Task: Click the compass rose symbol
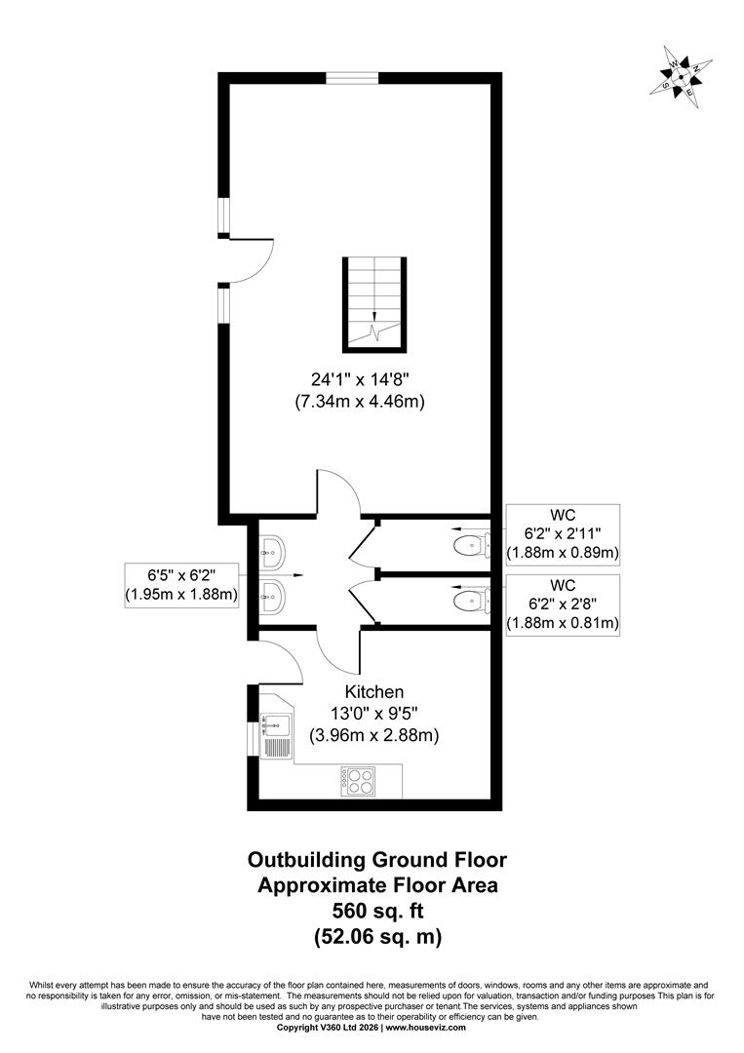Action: tap(681, 77)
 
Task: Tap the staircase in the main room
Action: tap(374, 303)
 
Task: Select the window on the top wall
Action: tap(353, 77)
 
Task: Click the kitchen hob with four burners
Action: tap(358, 780)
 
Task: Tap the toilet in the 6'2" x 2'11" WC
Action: tap(471, 543)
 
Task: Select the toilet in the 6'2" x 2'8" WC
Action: tap(471, 599)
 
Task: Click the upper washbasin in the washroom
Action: tap(273, 552)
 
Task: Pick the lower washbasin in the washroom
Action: tap(273, 595)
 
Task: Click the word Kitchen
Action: tap(374, 691)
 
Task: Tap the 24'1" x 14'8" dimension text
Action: tap(360, 379)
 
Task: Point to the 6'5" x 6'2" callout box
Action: tap(182, 585)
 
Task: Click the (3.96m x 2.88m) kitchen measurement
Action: tap(374, 735)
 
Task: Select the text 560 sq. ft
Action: tap(378, 911)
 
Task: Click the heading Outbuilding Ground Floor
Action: tap(377, 860)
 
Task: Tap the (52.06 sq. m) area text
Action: tap(378, 936)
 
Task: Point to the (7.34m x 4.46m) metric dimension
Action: tap(360, 403)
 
